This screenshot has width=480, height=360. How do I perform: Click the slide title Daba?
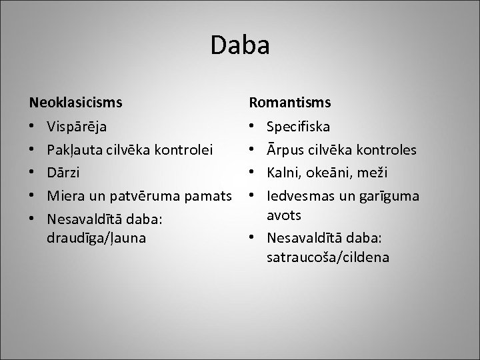pyautogui.click(x=240, y=46)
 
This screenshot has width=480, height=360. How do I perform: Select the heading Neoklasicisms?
pyautogui.click(x=75, y=103)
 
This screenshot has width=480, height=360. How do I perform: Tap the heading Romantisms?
pyautogui.click(x=290, y=103)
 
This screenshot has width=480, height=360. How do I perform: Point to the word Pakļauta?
pyautogui.click(x=73, y=149)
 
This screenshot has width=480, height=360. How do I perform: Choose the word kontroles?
pyautogui.click(x=389, y=149)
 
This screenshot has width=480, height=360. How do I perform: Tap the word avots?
pyautogui.click(x=284, y=215)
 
